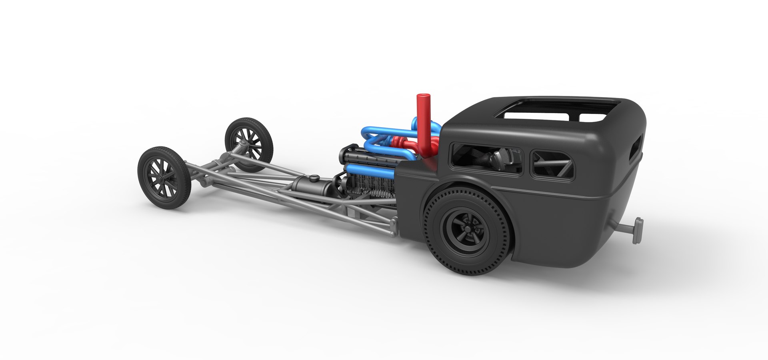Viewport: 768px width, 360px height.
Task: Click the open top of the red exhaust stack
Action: [x=422, y=96]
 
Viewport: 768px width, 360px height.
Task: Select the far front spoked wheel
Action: [x=249, y=144]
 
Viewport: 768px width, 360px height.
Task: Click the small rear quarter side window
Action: [x=552, y=164]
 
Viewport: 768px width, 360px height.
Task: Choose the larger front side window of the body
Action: [x=486, y=158]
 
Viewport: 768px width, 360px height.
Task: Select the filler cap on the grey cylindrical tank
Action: [x=315, y=177]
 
